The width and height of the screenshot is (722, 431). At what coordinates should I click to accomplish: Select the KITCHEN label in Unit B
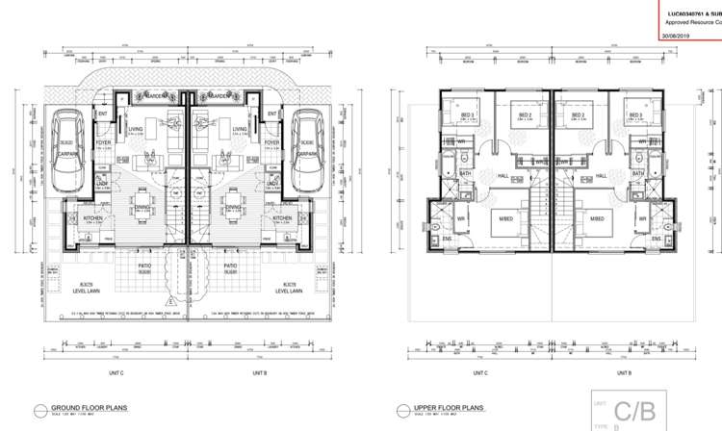click(281, 218)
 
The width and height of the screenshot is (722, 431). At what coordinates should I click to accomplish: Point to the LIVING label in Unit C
click(137, 128)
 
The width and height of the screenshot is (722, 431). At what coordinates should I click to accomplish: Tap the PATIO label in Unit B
click(230, 266)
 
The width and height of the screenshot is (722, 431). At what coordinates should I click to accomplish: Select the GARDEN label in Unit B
click(216, 96)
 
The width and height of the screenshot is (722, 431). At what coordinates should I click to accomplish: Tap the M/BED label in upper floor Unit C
click(505, 220)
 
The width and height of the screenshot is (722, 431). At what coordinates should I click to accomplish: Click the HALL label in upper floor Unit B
click(602, 176)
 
